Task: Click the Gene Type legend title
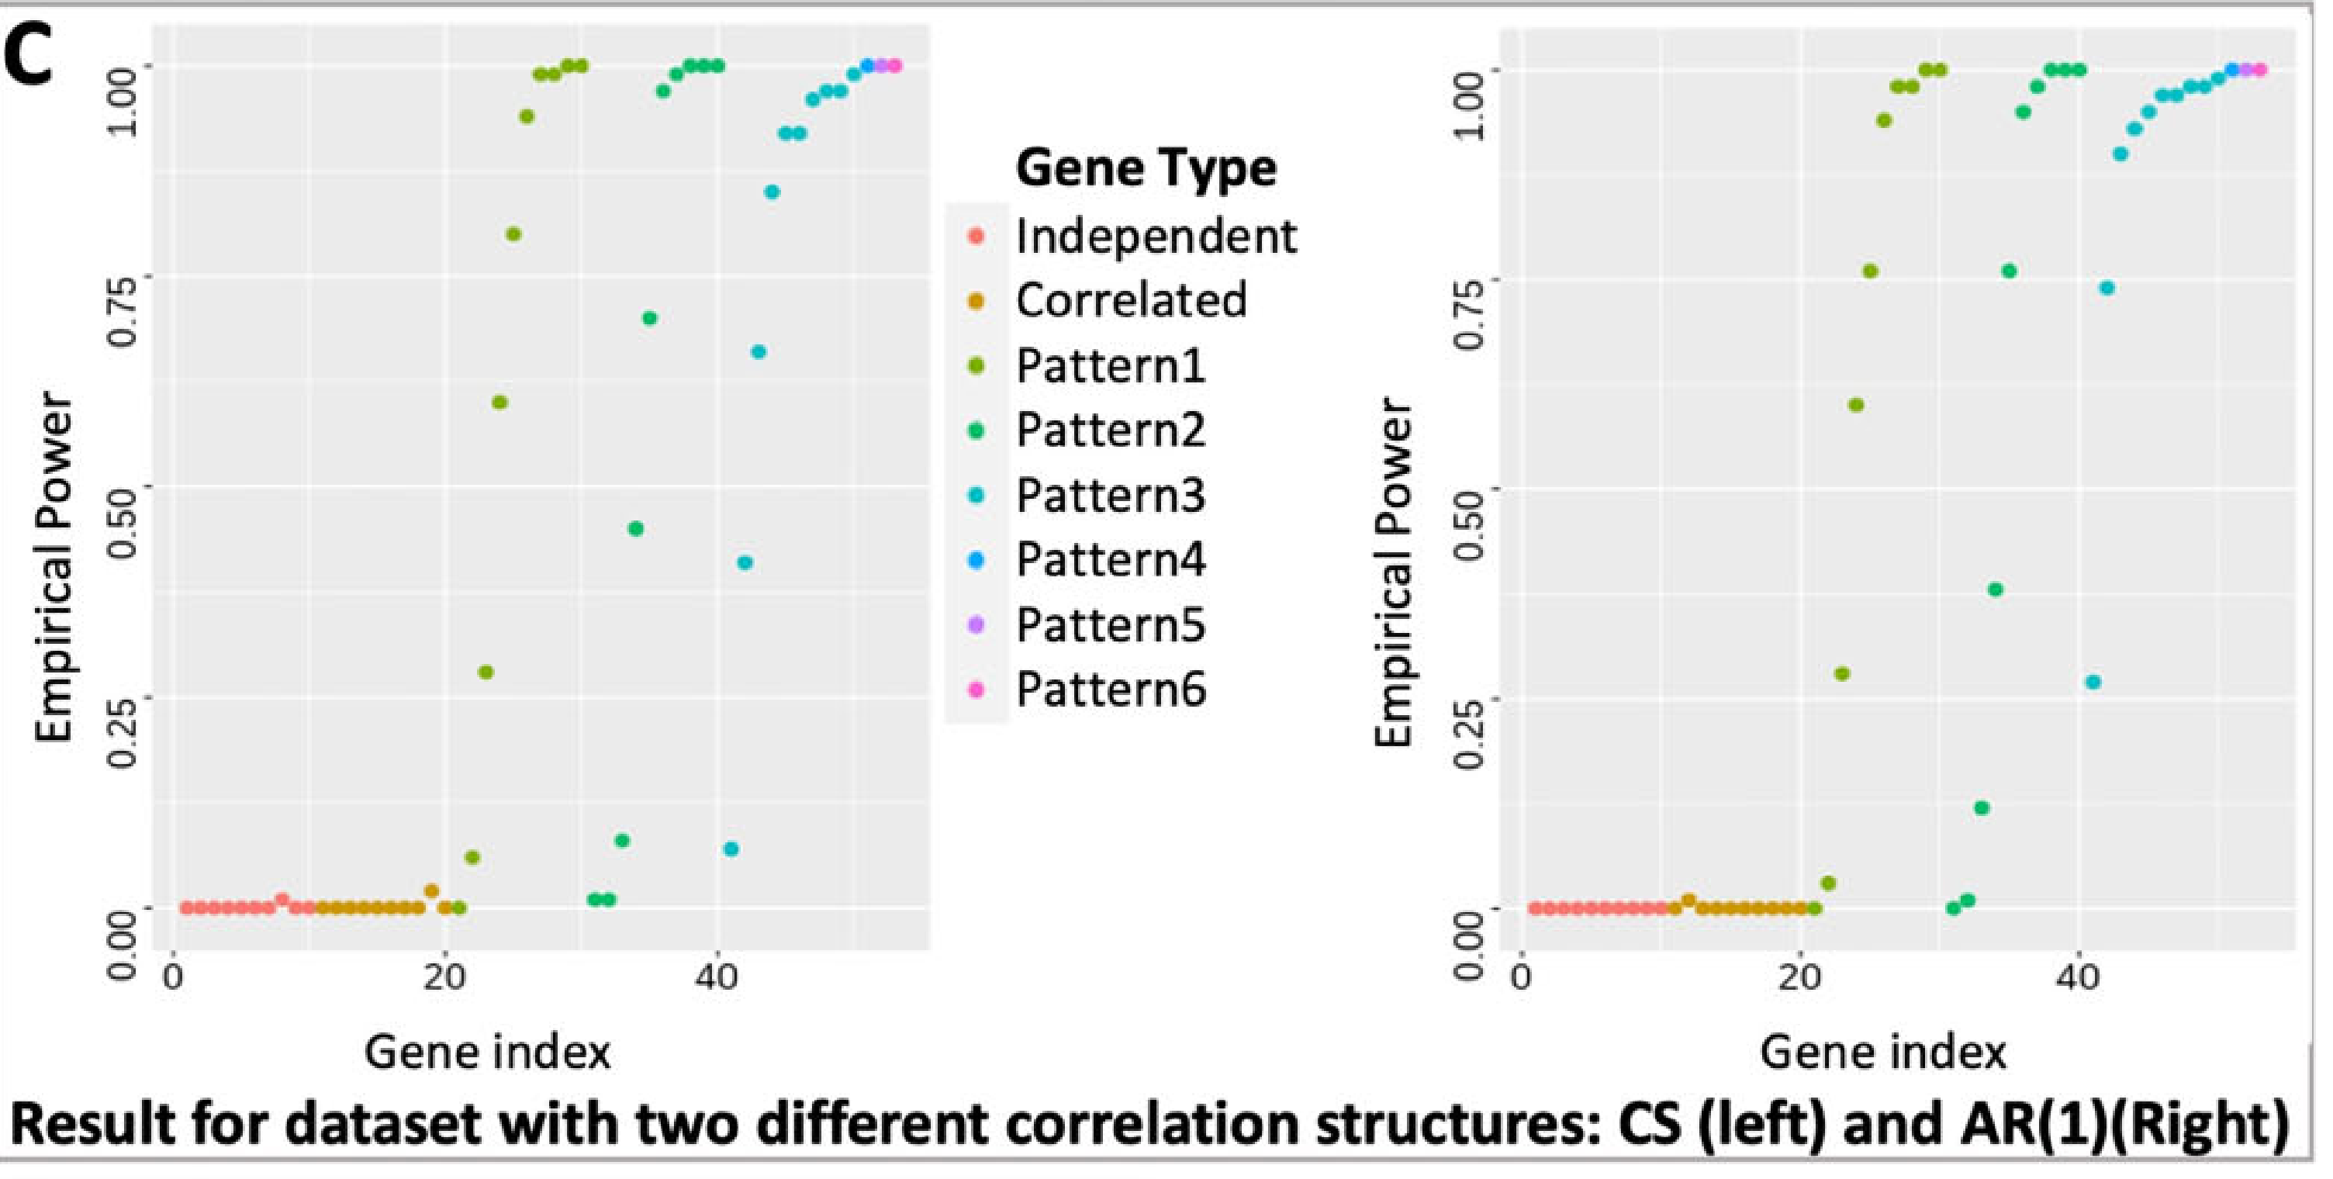[1146, 168]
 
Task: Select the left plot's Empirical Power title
[53, 568]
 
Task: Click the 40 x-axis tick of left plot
[718, 979]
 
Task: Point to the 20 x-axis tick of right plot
[1799, 979]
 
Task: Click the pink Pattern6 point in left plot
[895, 65]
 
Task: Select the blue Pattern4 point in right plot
[2232, 70]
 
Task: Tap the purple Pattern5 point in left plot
[881, 65]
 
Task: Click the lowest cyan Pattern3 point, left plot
[731, 849]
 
